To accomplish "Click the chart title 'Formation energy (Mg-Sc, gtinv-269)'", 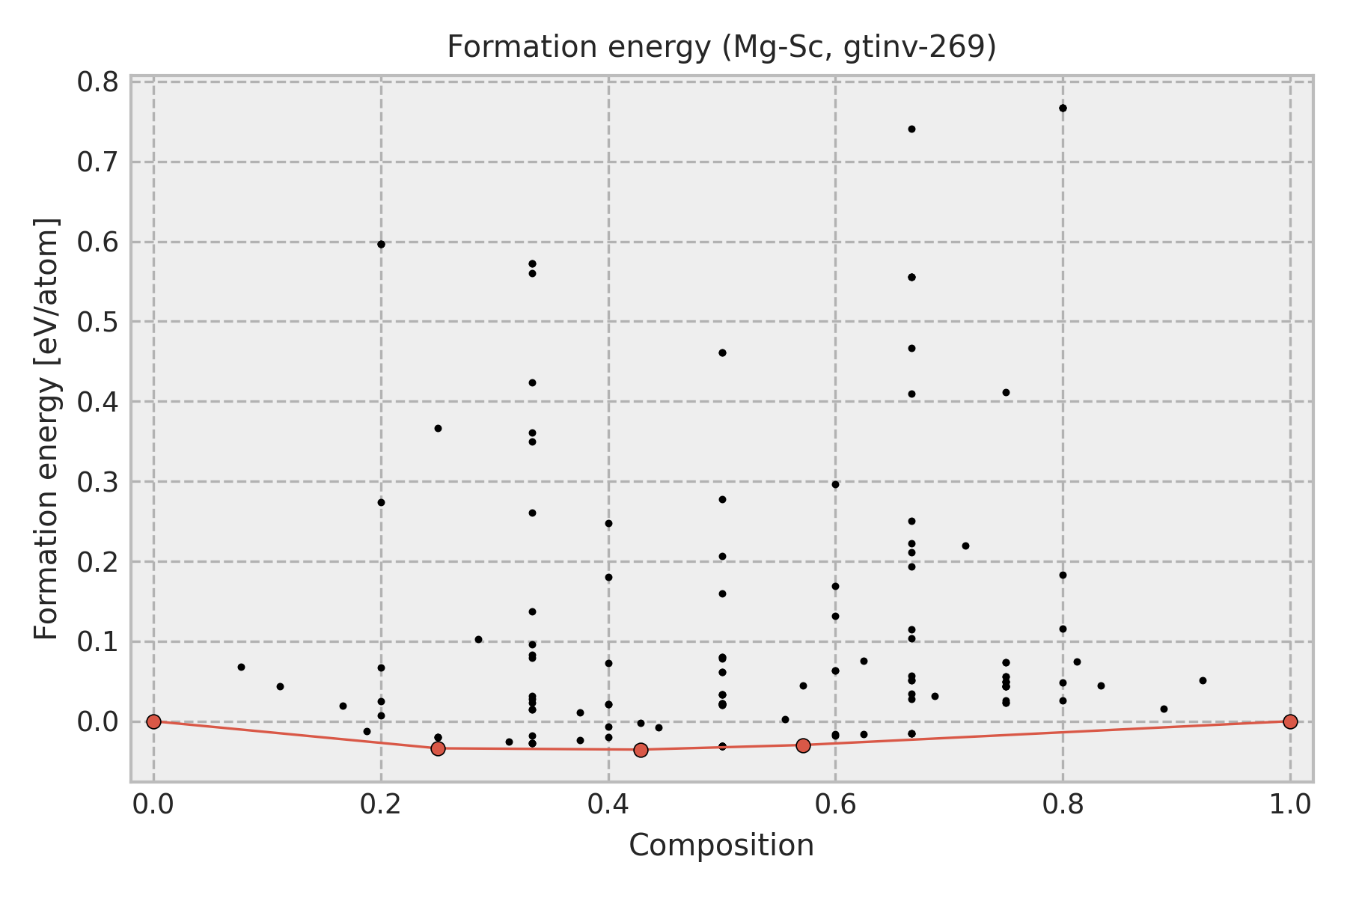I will tap(721, 48).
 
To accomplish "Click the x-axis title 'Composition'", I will tap(721, 846).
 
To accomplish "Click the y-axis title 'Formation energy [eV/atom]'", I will tap(46, 428).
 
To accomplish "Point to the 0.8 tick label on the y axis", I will tap(98, 82).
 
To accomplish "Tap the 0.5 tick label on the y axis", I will tap(98, 322).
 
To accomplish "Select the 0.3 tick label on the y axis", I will tap(98, 482).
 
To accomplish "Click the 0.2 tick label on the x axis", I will tap(381, 804).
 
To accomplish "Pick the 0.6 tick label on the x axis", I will tap(835, 804).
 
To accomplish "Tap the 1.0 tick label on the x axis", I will tap(1290, 804).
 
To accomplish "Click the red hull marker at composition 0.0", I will tap(153, 721).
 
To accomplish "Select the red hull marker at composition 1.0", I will tap(1290, 721).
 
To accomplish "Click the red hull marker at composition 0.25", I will tap(438, 748).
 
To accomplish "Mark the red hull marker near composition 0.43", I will tap(641, 750).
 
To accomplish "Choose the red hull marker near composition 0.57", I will tap(803, 745).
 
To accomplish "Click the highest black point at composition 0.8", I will tap(1063, 108).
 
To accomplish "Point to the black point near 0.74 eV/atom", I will tap(911, 129).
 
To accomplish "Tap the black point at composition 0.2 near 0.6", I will tap(381, 244).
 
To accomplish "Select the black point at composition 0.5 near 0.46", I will tap(722, 352).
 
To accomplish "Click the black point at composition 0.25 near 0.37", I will tap(438, 428).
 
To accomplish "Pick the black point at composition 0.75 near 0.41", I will tap(1006, 392).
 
